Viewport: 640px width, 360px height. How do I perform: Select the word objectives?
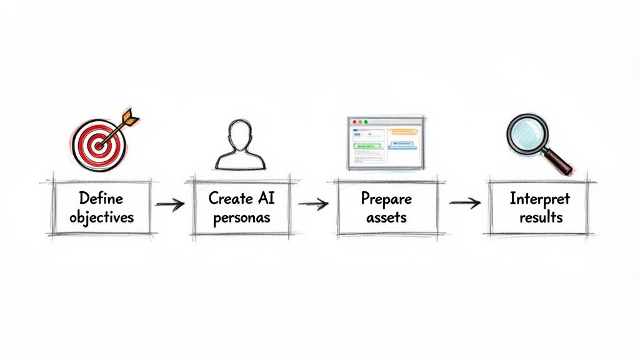(102, 217)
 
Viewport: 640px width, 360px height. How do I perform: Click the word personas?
(241, 217)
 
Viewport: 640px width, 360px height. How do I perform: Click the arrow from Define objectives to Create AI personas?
(169, 205)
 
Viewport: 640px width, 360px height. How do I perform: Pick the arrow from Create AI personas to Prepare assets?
(313, 204)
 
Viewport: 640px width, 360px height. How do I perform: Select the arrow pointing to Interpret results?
(464, 202)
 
